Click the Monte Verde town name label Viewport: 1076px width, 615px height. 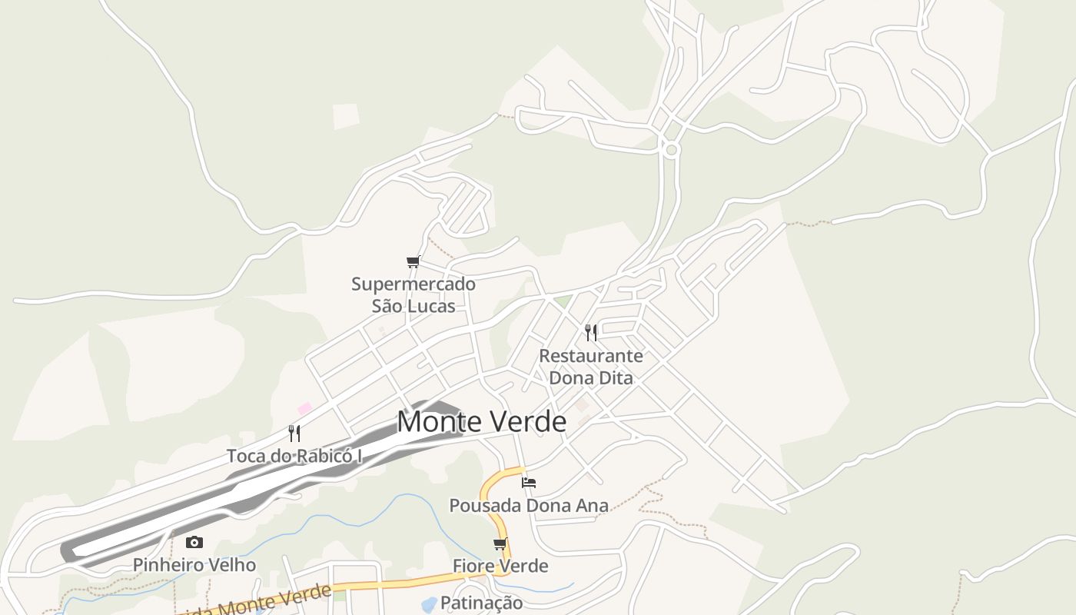click(482, 421)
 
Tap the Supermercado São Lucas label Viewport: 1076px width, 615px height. click(413, 294)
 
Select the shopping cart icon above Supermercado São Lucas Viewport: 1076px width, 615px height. click(413, 262)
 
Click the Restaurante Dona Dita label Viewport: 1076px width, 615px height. click(591, 367)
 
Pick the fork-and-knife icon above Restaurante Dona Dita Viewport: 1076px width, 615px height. click(591, 332)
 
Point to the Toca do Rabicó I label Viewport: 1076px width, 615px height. click(294, 456)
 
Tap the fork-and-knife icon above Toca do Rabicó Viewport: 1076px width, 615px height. click(294, 434)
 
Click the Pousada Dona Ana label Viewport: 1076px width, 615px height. click(529, 505)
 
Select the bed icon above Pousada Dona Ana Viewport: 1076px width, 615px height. click(529, 483)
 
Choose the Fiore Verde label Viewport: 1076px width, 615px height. click(500, 566)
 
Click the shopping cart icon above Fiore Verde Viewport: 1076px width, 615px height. click(500, 544)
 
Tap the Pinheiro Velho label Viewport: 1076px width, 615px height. click(194, 565)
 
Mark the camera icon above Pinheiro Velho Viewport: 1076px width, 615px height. click(194, 543)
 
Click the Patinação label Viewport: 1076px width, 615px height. click(482, 603)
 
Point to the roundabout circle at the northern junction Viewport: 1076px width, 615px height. click(671, 150)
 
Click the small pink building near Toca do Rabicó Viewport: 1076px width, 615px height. click(305, 408)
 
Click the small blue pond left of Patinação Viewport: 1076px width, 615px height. click(430, 604)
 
